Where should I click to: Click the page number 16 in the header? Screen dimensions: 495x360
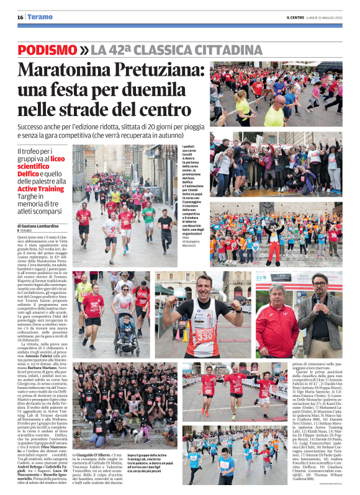tap(20, 17)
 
